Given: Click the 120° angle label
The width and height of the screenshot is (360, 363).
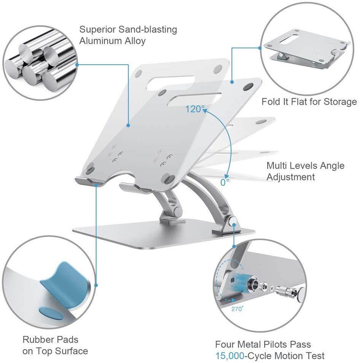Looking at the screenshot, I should tap(194, 110).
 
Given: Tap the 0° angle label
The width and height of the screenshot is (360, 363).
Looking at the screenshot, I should tap(225, 182).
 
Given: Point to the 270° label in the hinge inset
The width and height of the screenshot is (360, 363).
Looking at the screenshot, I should tap(237, 309).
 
